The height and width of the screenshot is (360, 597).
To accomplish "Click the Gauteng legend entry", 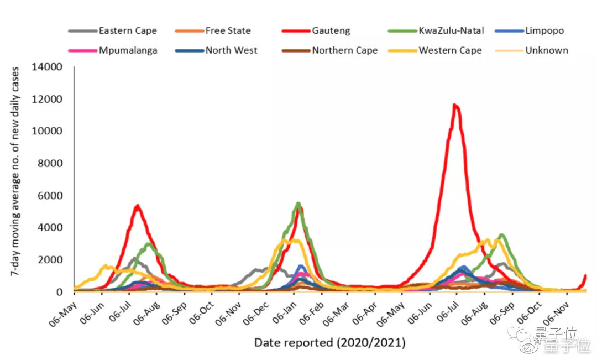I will (329, 31).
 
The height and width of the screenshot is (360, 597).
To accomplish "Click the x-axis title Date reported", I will (329, 343).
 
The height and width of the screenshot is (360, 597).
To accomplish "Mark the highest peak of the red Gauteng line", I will (454, 105).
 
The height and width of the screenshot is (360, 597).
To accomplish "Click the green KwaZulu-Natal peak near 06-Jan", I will (298, 204).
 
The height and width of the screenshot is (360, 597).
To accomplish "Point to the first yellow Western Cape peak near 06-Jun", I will (107, 267).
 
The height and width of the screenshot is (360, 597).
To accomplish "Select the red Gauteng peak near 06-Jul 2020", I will (137, 206).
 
